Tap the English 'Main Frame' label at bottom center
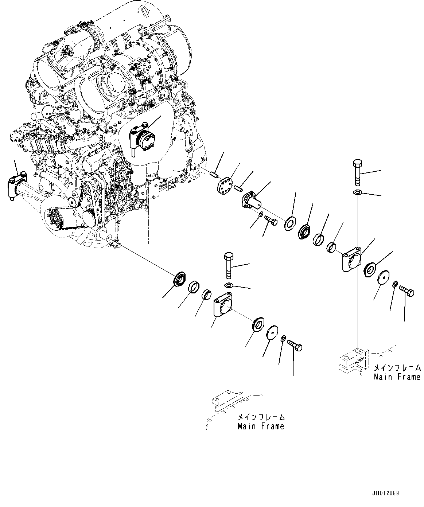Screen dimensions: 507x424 click(260, 426)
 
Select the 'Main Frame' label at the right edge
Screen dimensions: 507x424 click(397, 377)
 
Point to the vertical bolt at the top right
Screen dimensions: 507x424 click(357, 173)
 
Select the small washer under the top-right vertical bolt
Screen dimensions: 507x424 click(358, 192)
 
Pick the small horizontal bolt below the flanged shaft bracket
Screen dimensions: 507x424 click(271, 220)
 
